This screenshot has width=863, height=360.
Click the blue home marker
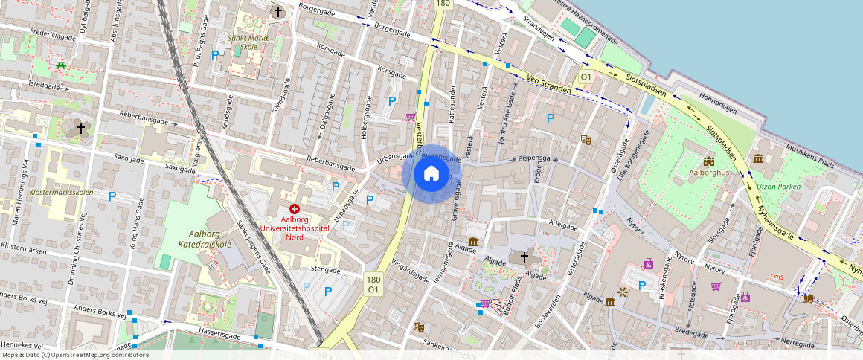431,174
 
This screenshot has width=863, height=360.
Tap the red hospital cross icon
295,210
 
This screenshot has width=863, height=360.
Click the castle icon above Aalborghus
708,160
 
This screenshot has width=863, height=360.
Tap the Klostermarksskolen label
62,192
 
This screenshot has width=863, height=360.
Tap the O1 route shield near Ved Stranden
586,77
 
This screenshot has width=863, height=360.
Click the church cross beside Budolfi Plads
524,257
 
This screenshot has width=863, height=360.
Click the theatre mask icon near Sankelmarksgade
418,326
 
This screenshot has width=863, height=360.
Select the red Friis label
777,274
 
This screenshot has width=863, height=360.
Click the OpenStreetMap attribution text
75,355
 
